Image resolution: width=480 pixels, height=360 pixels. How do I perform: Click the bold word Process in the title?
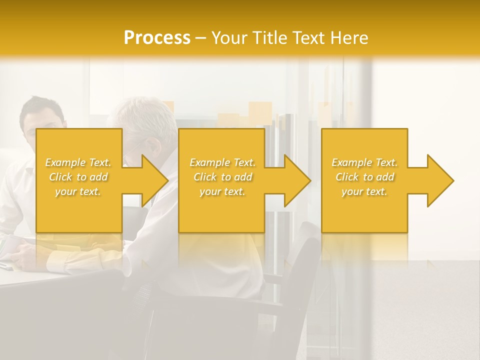pyautogui.click(x=157, y=38)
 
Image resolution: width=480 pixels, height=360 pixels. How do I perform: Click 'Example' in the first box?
pyautogui.click(x=65, y=162)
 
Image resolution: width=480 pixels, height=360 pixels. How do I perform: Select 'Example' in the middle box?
pyautogui.click(x=209, y=162)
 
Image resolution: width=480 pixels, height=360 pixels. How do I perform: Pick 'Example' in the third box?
pyautogui.click(x=351, y=162)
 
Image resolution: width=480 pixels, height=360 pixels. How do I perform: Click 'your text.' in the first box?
pyautogui.click(x=78, y=191)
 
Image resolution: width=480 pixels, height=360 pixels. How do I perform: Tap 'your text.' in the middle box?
pyautogui.click(x=222, y=191)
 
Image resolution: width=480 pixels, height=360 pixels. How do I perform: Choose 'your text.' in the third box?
pyautogui.click(x=364, y=191)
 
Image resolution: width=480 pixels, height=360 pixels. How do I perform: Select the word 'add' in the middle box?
pyautogui.click(x=243, y=177)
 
